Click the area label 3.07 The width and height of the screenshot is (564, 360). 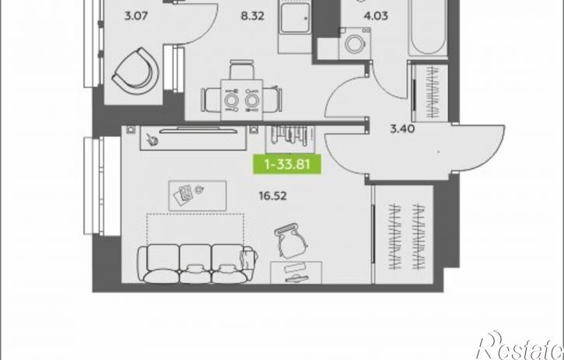[135, 16]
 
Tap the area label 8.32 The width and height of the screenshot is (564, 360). [253, 16]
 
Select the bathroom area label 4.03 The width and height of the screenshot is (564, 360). [376, 16]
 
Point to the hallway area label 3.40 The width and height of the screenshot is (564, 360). [402, 128]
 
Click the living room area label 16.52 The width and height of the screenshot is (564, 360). [272, 196]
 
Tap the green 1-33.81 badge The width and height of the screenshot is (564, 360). [287, 164]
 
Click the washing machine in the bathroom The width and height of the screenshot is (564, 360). [355, 44]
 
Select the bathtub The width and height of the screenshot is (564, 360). [428, 27]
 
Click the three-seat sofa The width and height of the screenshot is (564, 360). [198, 264]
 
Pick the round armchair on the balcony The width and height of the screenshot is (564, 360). [136, 72]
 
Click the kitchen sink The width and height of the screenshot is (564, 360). [295, 18]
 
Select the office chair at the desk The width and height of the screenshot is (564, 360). [291, 240]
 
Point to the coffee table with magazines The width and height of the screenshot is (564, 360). [198, 196]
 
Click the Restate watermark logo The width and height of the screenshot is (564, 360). [520, 345]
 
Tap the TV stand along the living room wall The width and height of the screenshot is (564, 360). [194, 138]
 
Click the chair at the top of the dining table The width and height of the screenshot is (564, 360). [242, 69]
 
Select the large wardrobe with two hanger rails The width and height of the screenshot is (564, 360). [404, 235]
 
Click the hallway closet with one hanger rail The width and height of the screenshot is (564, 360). [430, 93]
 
